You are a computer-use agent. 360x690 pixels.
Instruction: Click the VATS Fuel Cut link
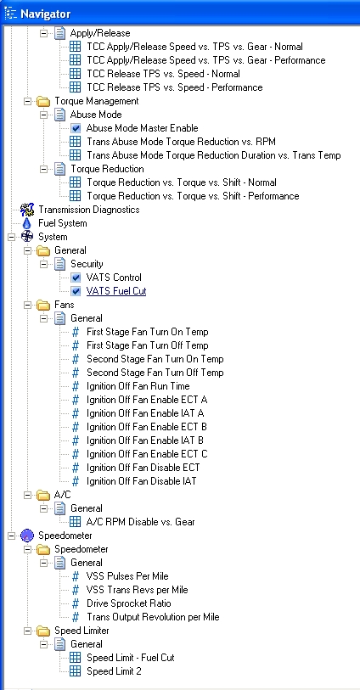click(x=116, y=291)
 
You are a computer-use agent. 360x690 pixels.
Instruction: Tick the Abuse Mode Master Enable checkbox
click(x=76, y=128)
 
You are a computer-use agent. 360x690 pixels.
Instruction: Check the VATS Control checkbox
click(x=76, y=278)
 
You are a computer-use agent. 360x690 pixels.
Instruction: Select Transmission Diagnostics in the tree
click(x=89, y=210)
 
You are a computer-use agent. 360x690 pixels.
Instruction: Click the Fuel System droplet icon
click(x=27, y=223)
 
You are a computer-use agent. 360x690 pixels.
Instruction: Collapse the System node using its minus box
click(x=11, y=237)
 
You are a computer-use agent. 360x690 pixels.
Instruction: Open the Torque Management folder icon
click(x=43, y=101)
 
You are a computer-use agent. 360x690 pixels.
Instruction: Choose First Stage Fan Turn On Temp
click(x=148, y=332)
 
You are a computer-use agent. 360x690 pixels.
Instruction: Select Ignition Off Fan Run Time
click(x=138, y=386)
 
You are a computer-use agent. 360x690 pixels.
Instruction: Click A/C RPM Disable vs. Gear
click(x=140, y=522)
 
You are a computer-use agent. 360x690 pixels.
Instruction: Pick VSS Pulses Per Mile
click(x=127, y=576)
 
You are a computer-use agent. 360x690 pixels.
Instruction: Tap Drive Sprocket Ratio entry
click(x=129, y=603)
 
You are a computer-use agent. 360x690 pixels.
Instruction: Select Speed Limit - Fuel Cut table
click(x=130, y=658)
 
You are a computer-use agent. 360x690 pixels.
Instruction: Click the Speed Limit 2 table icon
click(x=76, y=671)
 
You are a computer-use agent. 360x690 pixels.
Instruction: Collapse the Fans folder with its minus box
click(x=28, y=305)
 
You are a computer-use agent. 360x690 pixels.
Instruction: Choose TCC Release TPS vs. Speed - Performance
click(x=175, y=87)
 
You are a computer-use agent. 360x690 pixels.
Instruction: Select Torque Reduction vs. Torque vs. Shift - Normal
click(x=182, y=182)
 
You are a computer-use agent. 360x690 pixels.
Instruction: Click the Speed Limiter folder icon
click(x=43, y=631)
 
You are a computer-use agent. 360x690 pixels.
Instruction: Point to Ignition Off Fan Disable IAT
click(x=141, y=481)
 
